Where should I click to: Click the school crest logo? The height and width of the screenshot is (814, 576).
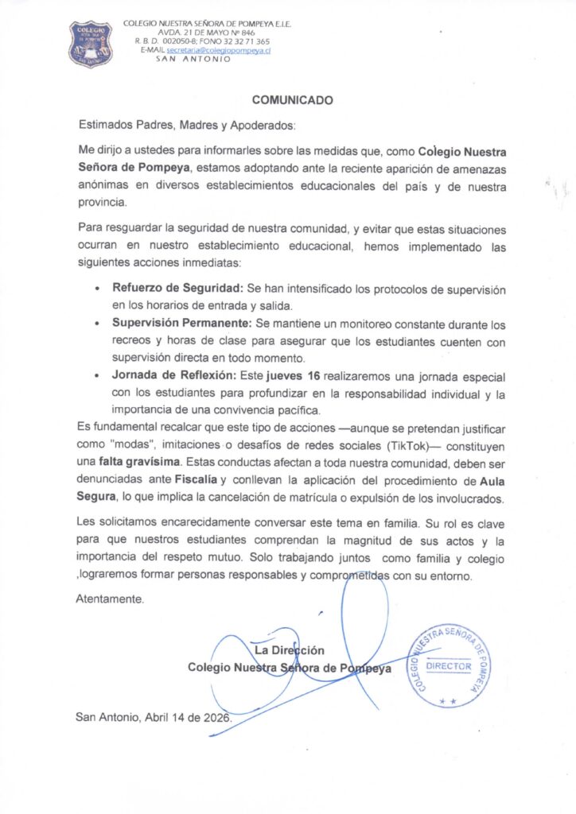pyautogui.click(x=90, y=44)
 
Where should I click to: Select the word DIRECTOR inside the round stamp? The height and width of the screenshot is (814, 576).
pyautogui.click(x=449, y=666)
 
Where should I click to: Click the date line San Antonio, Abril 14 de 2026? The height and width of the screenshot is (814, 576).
pyautogui.click(x=156, y=716)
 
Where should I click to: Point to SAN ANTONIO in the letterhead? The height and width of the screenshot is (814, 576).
pyautogui.click(x=193, y=59)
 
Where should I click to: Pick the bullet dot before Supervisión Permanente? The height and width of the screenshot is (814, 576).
pyautogui.click(x=97, y=325)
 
